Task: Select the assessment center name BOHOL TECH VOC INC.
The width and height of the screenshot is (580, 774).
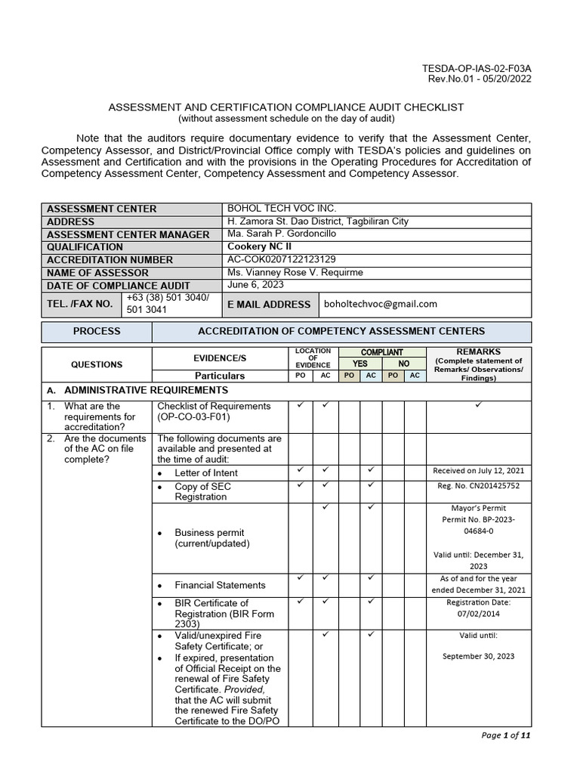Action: point(282,209)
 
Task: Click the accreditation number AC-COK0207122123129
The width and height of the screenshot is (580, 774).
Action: point(282,259)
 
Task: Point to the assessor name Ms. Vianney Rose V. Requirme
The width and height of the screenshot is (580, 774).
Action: point(295,272)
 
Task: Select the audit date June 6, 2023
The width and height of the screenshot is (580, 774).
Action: point(254,285)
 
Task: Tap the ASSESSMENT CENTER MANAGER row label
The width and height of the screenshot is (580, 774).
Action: point(128,234)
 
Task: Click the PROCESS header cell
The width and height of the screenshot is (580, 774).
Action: point(97,331)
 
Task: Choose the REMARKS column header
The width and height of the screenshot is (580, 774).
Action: point(479,352)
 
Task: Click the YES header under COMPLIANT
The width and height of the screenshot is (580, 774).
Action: point(360,364)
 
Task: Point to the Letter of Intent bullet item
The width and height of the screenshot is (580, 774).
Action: point(205,472)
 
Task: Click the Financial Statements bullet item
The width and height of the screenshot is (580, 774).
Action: point(220,584)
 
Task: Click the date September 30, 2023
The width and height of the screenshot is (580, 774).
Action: point(479,656)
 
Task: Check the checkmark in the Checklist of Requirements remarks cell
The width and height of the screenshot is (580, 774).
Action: point(479,406)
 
